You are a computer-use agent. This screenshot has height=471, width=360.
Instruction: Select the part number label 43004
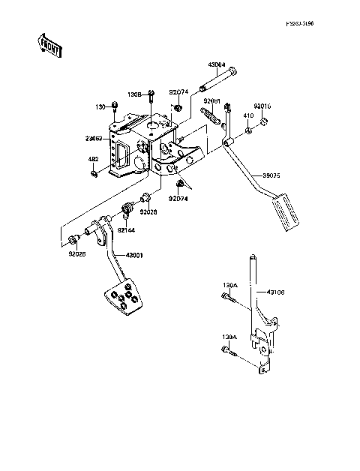click(217, 65)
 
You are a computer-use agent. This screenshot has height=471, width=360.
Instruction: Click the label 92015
click(262, 106)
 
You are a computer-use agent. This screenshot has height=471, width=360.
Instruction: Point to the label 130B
click(134, 94)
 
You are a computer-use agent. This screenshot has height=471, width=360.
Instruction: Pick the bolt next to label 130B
click(151, 96)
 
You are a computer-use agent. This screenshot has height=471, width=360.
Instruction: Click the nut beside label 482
click(94, 174)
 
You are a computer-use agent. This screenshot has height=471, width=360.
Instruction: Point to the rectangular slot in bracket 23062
click(118, 154)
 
